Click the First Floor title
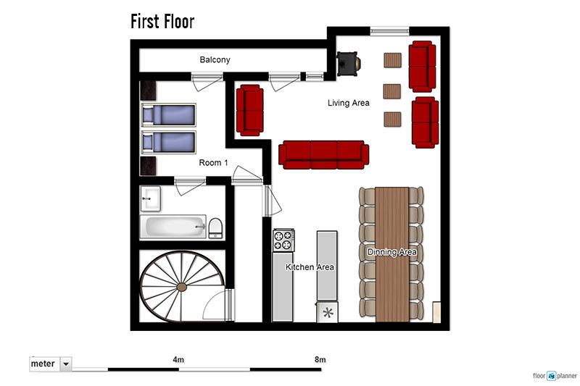coord(162,22)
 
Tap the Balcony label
coord(215,60)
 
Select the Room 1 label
coord(213,162)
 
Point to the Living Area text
coord(349,103)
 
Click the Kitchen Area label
coord(310,267)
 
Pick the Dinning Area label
coord(391,252)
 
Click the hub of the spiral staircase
coord(182,287)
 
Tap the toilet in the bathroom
coord(215,228)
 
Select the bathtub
coord(173,227)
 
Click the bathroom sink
coord(150,198)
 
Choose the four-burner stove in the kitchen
coord(283,240)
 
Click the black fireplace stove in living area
coord(348,64)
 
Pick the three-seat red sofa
coord(323,155)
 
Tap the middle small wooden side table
coord(392,91)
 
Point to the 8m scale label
coord(320,359)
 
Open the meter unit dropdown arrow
coord(66,364)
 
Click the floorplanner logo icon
coord(552,376)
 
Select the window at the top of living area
coord(389,31)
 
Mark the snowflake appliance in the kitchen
coord(328,313)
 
